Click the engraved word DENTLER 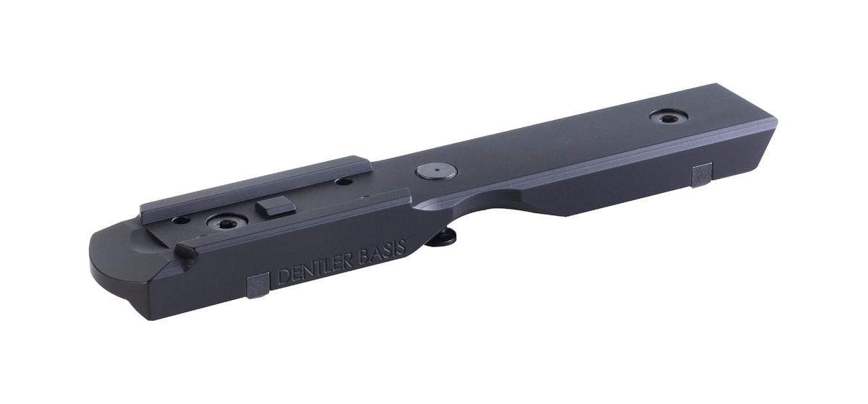[315, 270]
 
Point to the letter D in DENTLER [284, 277]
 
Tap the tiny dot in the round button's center [436, 169]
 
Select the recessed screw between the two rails [227, 222]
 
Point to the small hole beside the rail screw [182, 220]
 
